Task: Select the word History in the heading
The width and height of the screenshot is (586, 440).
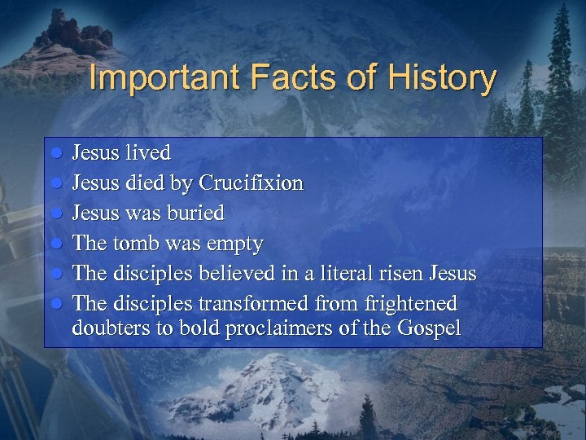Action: click(441, 78)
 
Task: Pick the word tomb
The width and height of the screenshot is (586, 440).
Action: click(134, 243)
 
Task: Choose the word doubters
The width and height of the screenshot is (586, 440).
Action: click(107, 328)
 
